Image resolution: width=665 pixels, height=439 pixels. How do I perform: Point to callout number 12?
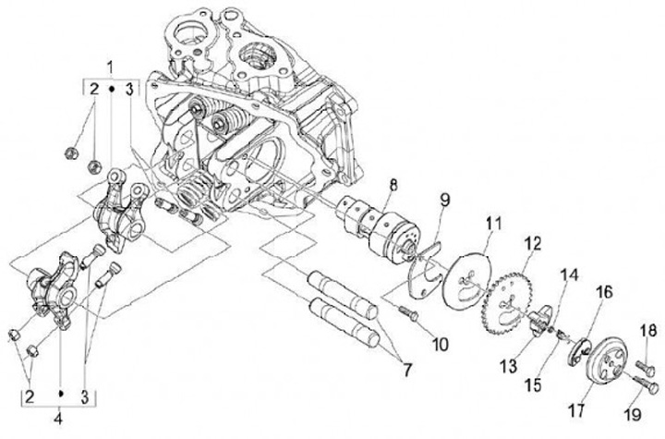click(x=532, y=243)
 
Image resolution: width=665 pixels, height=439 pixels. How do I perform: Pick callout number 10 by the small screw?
click(x=439, y=343)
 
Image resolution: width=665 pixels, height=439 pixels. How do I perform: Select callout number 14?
click(x=566, y=274)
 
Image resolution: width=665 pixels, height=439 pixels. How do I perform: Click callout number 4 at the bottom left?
click(x=60, y=416)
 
